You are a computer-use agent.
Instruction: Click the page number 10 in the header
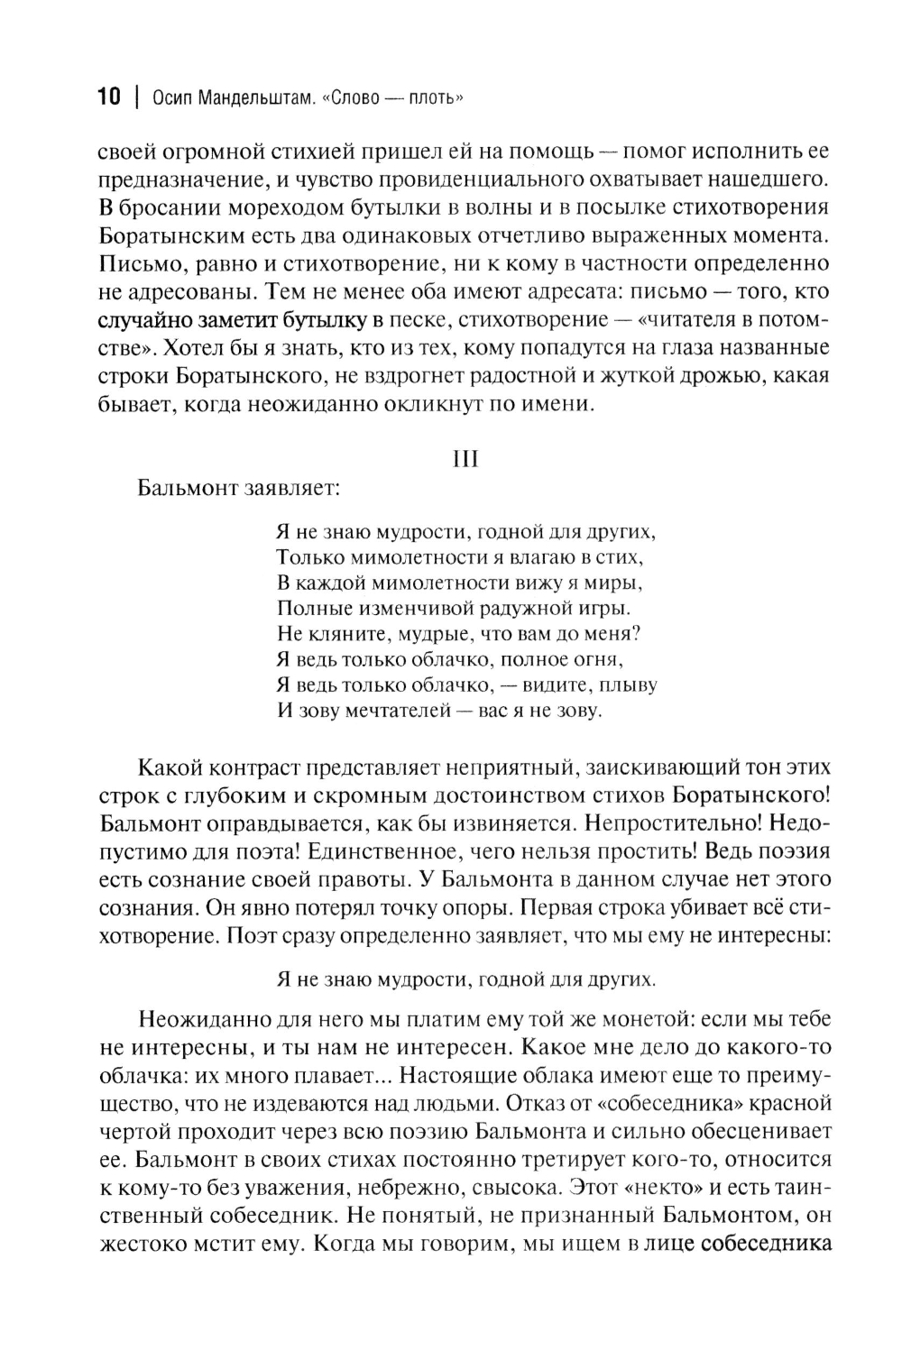click(x=108, y=97)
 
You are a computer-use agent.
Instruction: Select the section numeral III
click(x=465, y=459)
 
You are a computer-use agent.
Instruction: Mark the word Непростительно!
click(x=688, y=823)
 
